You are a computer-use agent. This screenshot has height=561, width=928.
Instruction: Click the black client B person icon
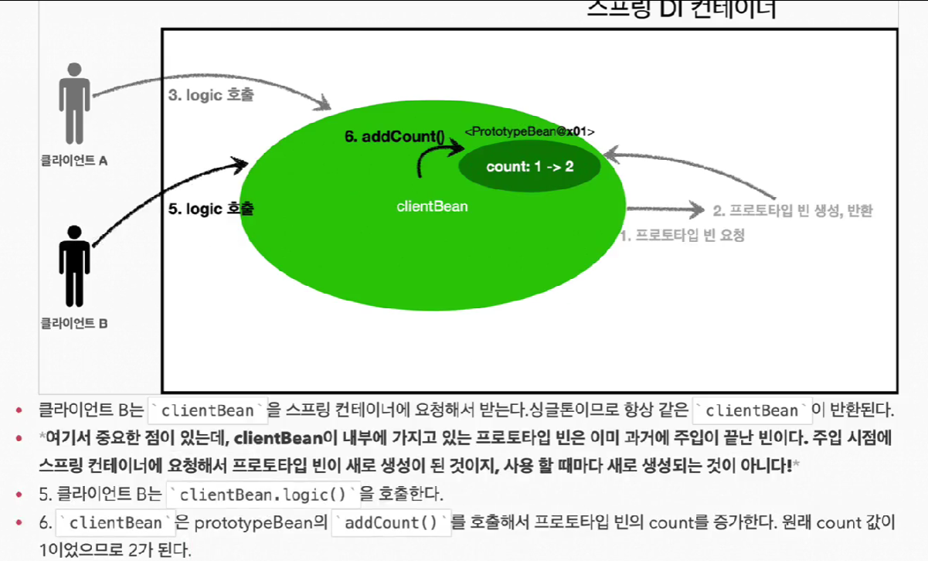(x=75, y=265)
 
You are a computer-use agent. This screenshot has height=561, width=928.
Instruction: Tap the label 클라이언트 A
(x=74, y=161)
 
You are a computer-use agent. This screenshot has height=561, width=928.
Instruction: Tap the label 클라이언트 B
(x=74, y=323)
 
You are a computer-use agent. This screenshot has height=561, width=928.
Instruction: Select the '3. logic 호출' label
(x=210, y=97)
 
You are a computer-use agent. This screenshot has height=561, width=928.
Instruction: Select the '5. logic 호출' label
(x=212, y=209)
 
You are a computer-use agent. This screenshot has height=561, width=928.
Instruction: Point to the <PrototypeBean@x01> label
(x=529, y=132)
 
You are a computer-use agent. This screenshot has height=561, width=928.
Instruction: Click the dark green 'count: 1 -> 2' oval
(x=529, y=166)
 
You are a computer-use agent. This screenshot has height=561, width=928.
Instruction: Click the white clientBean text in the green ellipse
(x=432, y=206)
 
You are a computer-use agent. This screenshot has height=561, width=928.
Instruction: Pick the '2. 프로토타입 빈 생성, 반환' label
(x=792, y=210)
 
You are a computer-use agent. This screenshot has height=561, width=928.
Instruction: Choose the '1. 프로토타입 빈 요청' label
(x=683, y=236)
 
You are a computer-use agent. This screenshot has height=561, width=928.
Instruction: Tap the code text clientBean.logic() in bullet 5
(x=263, y=494)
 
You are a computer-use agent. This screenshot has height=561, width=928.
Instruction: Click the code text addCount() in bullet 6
(x=390, y=523)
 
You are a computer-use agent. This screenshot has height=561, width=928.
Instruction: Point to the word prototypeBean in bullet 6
(x=258, y=523)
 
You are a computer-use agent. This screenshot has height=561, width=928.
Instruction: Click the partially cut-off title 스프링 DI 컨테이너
(x=681, y=9)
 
